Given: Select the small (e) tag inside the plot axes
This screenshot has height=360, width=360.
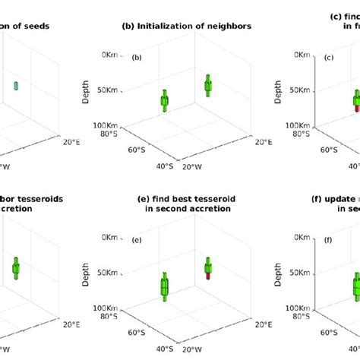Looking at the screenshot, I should (x=137, y=241).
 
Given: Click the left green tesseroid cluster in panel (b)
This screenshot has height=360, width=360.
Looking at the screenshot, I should (x=164, y=102).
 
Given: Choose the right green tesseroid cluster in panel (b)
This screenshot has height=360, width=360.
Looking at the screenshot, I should (x=207, y=86).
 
